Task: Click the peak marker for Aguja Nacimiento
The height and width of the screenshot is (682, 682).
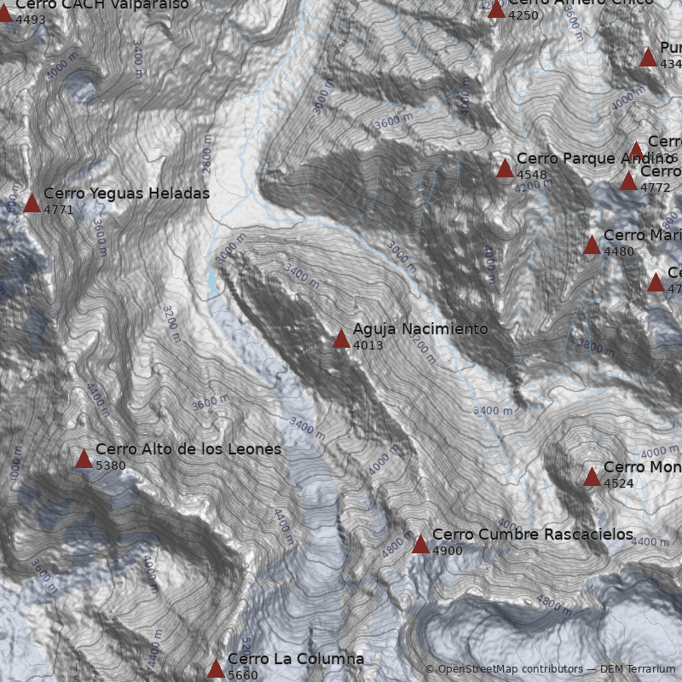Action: point(341,339)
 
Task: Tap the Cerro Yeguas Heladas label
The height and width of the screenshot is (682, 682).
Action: point(126,194)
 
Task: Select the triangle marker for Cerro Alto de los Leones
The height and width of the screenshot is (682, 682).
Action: point(84,459)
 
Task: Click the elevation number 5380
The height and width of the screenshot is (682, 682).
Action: point(111,466)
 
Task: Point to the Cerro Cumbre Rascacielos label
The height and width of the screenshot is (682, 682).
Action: point(532,535)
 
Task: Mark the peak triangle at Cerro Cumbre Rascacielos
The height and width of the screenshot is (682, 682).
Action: point(420,545)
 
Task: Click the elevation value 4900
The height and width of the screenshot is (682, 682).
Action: point(448,552)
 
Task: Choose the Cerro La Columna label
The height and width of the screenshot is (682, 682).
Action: point(295,659)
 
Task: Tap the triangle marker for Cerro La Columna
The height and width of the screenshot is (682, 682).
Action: point(216,669)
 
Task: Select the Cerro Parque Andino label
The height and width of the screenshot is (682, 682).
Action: point(597,159)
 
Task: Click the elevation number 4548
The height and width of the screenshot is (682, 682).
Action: point(532,176)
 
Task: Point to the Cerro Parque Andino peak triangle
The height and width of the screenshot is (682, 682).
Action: point(505,169)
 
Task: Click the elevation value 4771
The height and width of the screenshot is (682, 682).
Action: point(59,211)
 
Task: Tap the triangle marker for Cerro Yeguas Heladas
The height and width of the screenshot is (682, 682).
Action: point(32,204)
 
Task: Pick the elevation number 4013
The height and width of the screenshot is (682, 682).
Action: point(368,346)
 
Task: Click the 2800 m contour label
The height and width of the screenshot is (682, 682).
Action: point(207,152)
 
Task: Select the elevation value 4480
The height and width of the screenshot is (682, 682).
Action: point(619,252)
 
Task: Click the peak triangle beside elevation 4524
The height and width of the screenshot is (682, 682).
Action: point(592,477)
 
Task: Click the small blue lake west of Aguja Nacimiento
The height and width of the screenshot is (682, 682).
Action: point(211,280)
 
